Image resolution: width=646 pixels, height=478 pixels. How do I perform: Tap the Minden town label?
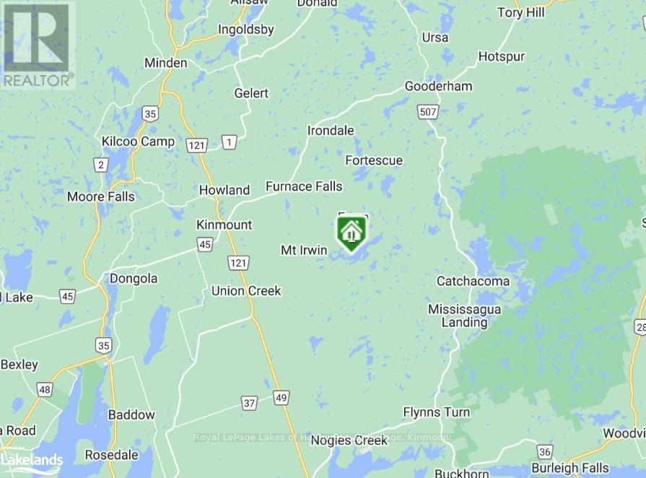tap(166, 63)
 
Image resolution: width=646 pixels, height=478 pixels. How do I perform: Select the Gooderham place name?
tap(438, 87)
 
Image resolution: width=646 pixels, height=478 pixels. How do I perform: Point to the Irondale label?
tap(331, 131)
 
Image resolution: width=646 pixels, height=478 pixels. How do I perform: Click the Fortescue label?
tap(374, 160)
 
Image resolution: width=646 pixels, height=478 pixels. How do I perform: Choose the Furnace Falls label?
tap(304, 186)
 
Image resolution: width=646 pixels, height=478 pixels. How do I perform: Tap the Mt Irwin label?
tap(304, 250)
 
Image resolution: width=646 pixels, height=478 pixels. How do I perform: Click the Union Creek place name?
tap(246, 291)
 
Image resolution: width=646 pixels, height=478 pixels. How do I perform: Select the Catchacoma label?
tap(473, 281)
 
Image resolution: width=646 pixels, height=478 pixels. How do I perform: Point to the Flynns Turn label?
tap(437, 413)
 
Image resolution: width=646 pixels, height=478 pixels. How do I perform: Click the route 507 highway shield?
tap(427, 110)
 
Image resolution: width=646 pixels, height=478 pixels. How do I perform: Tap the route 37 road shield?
tap(249, 403)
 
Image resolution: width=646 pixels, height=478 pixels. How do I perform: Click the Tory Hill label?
tap(521, 12)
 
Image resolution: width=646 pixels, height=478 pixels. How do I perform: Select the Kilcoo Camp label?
tap(138, 142)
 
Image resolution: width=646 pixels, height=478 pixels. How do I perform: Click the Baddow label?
tap(131, 415)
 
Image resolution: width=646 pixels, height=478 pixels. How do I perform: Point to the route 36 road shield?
tap(545, 452)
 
